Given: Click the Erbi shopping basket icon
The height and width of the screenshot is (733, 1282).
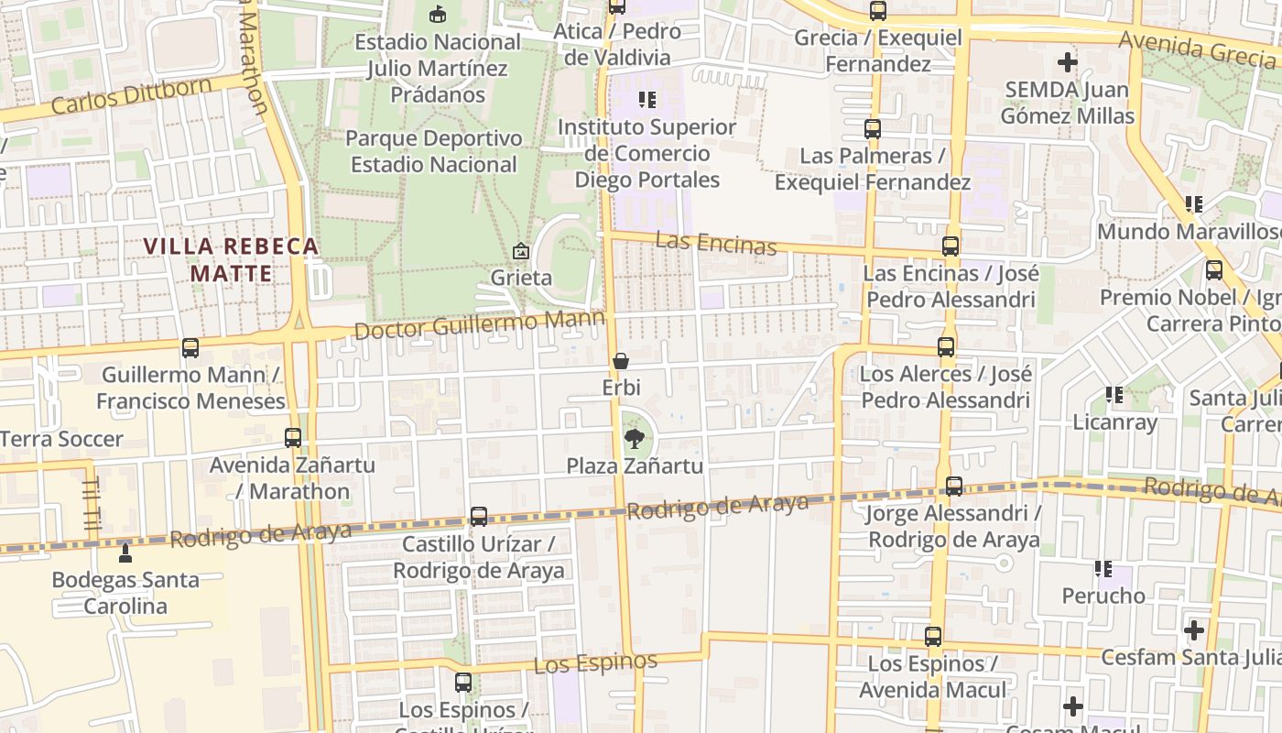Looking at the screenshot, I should pos(621,362).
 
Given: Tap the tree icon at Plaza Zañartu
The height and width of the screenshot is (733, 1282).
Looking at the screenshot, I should pos(634,439).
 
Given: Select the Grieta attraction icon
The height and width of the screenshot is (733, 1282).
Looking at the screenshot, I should pos(521,250).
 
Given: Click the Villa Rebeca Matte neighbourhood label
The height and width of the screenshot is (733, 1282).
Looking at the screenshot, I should pos(232,259).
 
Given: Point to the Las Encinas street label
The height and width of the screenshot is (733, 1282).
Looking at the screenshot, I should pos(716,244).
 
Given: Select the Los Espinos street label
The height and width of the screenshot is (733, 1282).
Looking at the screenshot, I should pos(595,662).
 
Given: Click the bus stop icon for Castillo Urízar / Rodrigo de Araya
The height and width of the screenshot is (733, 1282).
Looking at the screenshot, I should pos(479,516).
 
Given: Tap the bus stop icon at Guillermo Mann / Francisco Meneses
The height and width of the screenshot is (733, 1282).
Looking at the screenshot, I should pos(190,348).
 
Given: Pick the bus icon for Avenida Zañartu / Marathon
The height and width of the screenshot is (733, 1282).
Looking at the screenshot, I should pos(293,438).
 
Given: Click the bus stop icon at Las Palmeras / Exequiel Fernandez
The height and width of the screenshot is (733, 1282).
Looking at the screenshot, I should pos(873,129).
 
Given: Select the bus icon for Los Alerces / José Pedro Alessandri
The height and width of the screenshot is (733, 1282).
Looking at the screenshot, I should pos(946,347).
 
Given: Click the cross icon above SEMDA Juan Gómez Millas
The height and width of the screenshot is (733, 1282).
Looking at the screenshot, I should pos(1068,63).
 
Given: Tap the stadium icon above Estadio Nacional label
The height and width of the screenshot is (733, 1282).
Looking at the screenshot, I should pos(438,14).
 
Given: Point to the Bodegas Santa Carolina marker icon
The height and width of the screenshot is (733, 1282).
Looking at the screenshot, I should pos(125,552).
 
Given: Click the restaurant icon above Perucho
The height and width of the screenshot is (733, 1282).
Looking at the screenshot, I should pos(1103,569).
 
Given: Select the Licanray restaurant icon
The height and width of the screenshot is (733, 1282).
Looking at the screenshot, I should pos(1114,395).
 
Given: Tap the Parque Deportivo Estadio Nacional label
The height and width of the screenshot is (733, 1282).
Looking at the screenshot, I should pos(434,151).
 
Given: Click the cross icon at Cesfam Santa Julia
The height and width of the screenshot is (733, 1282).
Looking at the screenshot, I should pos(1194,630).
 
